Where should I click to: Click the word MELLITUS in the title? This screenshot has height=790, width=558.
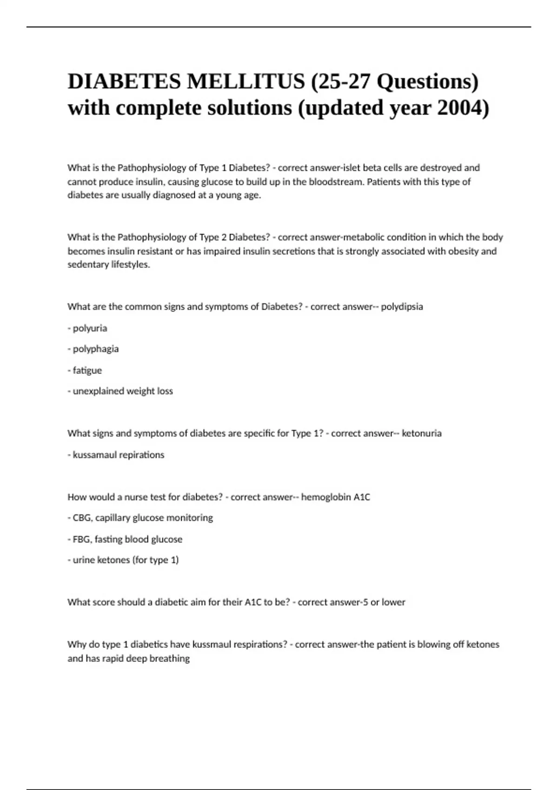[x=246, y=82]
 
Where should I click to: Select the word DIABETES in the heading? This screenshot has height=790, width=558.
[x=124, y=82]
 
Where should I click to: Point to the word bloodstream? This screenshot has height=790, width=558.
[x=334, y=182]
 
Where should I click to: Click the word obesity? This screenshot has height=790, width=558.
[x=463, y=251]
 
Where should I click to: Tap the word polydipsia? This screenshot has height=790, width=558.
[x=402, y=307]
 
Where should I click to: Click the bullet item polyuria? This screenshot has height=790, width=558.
[x=90, y=328]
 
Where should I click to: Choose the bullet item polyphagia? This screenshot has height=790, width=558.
[x=95, y=349]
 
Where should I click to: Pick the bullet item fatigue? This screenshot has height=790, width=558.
[x=87, y=370]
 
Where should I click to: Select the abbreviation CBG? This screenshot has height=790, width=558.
[x=82, y=518]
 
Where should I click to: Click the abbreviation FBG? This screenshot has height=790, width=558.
[x=82, y=539]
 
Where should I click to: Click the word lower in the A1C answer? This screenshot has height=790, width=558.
[x=393, y=602]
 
